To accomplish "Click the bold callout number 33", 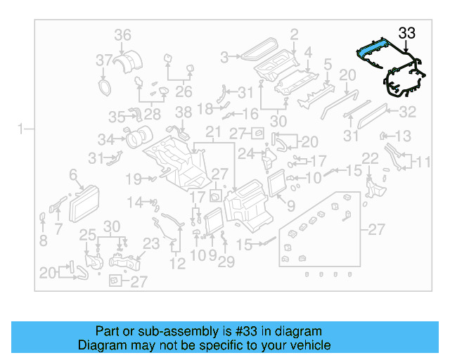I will click(x=407, y=32).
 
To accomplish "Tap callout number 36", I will click(x=123, y=34).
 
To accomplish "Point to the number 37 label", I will click(x=104, y=60).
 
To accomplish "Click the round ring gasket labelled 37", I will click(x=105, y=86).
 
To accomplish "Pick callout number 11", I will click(x=422, y=162).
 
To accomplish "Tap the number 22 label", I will click(x=371, y=157).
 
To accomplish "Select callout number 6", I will click(x=73, y=174).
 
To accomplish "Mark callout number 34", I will click(x=106, y=139).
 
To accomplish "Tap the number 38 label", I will click(x=183, y=112).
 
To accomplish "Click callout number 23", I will click(x=152, y=244).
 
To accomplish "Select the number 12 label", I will click(x=177, y=264).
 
